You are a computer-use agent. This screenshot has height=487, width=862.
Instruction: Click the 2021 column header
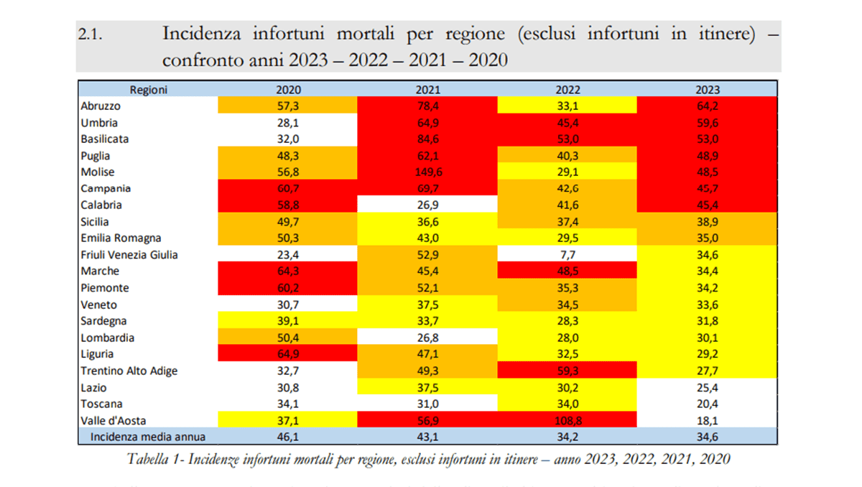(427, 90)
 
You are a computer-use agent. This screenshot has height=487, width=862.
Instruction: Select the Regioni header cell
(149, 90)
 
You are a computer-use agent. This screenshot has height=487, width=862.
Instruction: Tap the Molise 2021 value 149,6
(427, 172)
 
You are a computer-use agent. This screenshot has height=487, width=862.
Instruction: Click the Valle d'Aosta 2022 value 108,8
(567, 420)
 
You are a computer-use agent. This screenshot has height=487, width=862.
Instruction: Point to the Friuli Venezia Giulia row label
(129, 255)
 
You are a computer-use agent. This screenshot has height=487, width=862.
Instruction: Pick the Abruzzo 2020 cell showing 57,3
(288, 106)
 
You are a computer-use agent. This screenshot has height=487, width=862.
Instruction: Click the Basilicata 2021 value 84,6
(427, 139)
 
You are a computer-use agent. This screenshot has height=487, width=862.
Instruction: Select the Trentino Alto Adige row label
(129, 371)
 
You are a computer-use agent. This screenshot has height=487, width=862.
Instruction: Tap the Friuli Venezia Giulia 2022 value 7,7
(567, 255)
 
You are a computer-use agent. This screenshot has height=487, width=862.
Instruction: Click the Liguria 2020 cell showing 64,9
(288, 354)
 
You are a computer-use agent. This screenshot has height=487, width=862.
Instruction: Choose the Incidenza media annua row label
(148, 437)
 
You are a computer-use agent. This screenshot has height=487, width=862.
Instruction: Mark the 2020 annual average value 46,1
(288, 437)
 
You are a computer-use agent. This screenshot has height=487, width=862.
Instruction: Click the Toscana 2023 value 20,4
(708, 404)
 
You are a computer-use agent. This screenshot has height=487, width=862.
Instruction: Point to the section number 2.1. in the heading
(91, 34)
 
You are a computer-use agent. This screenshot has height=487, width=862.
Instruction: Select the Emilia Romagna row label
(121, 238)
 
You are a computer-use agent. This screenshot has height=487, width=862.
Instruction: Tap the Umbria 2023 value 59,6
(708, 123)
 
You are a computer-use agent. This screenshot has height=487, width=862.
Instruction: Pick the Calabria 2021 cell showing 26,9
(427, 205)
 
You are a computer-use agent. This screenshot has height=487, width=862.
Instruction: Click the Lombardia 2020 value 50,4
(288, 338)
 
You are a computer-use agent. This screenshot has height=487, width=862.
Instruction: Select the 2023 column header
(708, 90)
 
